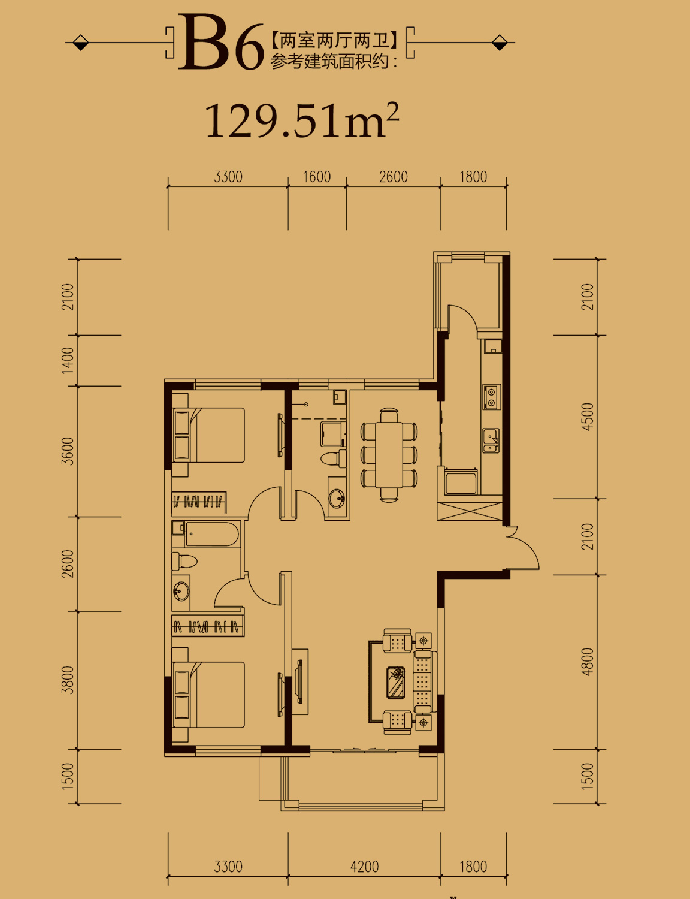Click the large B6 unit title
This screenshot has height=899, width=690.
pyautogui.click(x=221, y=42)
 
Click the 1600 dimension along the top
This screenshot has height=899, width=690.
pyautogui.click(x=317, y=177)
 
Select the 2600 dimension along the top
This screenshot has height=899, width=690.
pyautogui.click(x=393, y=177)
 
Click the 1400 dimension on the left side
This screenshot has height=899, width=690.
pyautogui.click(x=68, y=360)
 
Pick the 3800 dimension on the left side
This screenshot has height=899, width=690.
pyautogui.click(x=68, y=680)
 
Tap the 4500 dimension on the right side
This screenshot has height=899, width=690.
pyautogui.click(x=587, y=417)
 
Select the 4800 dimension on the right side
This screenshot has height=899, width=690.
pyautogui.click(x=587, y=662)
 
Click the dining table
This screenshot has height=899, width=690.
pyautogui.click(x=389, y=455)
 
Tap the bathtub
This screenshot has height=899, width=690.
pyautogui.click(x=212, y=534)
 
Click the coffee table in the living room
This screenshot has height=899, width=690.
pyautogui.click(x=396, y=682)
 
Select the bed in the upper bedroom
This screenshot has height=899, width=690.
pyautogui.click(x=209, y=435)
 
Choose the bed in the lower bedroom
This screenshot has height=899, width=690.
pyautogui.click(x=209, y=695)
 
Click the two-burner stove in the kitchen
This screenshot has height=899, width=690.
pyautogui.click(x=492, y=397)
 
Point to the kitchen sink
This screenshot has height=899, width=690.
pyautogui.click(x=491, y=441)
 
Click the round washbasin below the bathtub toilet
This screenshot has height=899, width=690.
pyautogui.click(x=181, y=591)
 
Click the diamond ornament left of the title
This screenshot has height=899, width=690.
pyautogui.click(x=80, y=42)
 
